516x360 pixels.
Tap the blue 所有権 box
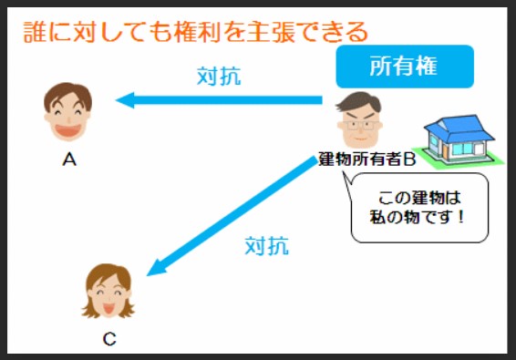[405, 67]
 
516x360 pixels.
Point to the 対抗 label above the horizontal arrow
[219, 77]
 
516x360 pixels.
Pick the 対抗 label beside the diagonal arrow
[267, 246]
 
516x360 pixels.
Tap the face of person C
[108, 292]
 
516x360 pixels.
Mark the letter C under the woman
[108, 340]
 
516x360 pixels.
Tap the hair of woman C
[108, 273]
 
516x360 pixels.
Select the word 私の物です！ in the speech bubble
[420, 217]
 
